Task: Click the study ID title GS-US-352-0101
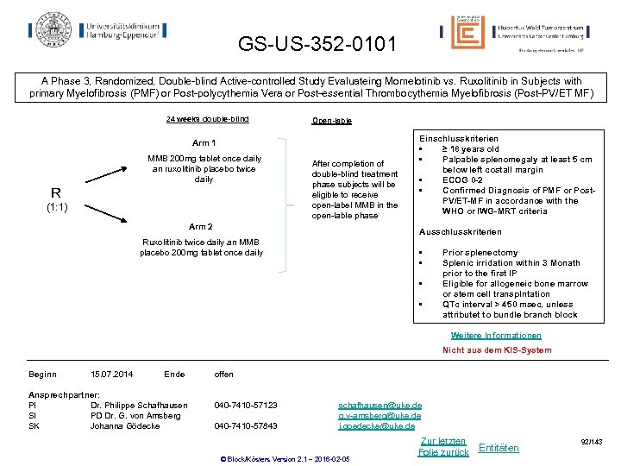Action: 318,43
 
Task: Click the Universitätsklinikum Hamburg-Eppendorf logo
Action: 97,28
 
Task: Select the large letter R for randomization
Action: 55,192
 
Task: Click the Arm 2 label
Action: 200,227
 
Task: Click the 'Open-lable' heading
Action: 331,121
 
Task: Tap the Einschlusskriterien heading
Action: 458,138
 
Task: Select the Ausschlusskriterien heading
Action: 460,232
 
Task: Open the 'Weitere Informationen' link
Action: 496,336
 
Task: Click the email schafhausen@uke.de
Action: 379,405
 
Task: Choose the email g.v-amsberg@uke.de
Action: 379,415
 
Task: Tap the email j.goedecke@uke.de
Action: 376,425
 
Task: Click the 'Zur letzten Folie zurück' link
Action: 442,446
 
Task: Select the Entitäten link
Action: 499,447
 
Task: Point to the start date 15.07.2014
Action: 111,374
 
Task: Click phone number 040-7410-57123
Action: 246,405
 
